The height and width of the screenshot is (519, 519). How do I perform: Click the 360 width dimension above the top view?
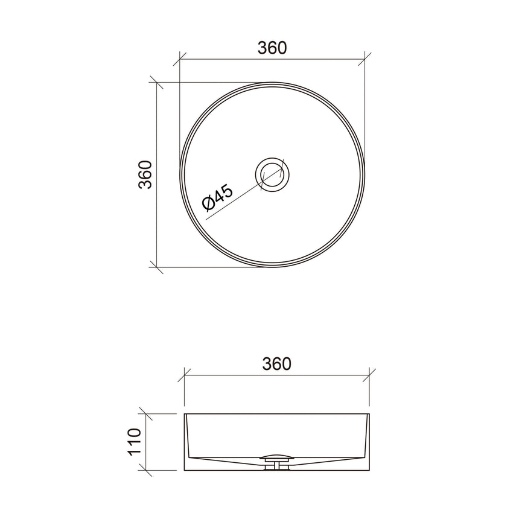coord(272,48)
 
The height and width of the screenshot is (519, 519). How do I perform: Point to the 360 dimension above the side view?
coord(277,364)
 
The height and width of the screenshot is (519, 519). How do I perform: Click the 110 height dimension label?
coord(134,441)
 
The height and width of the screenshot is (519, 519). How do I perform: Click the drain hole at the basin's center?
coord(273,174)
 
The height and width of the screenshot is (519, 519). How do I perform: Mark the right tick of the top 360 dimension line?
coord(364,59)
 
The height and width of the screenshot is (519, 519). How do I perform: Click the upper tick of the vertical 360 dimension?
coord(157,83)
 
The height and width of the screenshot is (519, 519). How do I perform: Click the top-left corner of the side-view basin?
coord(185,415)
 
